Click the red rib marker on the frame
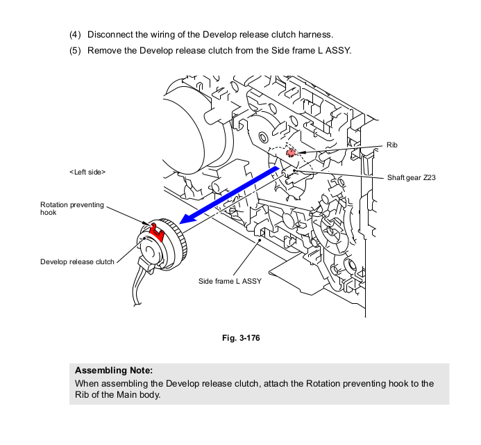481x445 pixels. tap(292, 152)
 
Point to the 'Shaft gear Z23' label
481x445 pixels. tap(412, 178)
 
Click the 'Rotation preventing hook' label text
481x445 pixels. tap(72, 209)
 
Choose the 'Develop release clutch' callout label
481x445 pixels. tap(77, 261)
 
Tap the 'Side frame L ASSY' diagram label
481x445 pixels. tap(230, 281)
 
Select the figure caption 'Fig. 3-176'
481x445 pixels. tap(240, 338)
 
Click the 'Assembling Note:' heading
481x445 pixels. tap(113, 370)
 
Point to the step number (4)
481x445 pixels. tap(75, 34)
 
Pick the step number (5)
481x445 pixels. tap(75, 50)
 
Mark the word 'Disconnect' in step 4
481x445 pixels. tap(110, 34)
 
